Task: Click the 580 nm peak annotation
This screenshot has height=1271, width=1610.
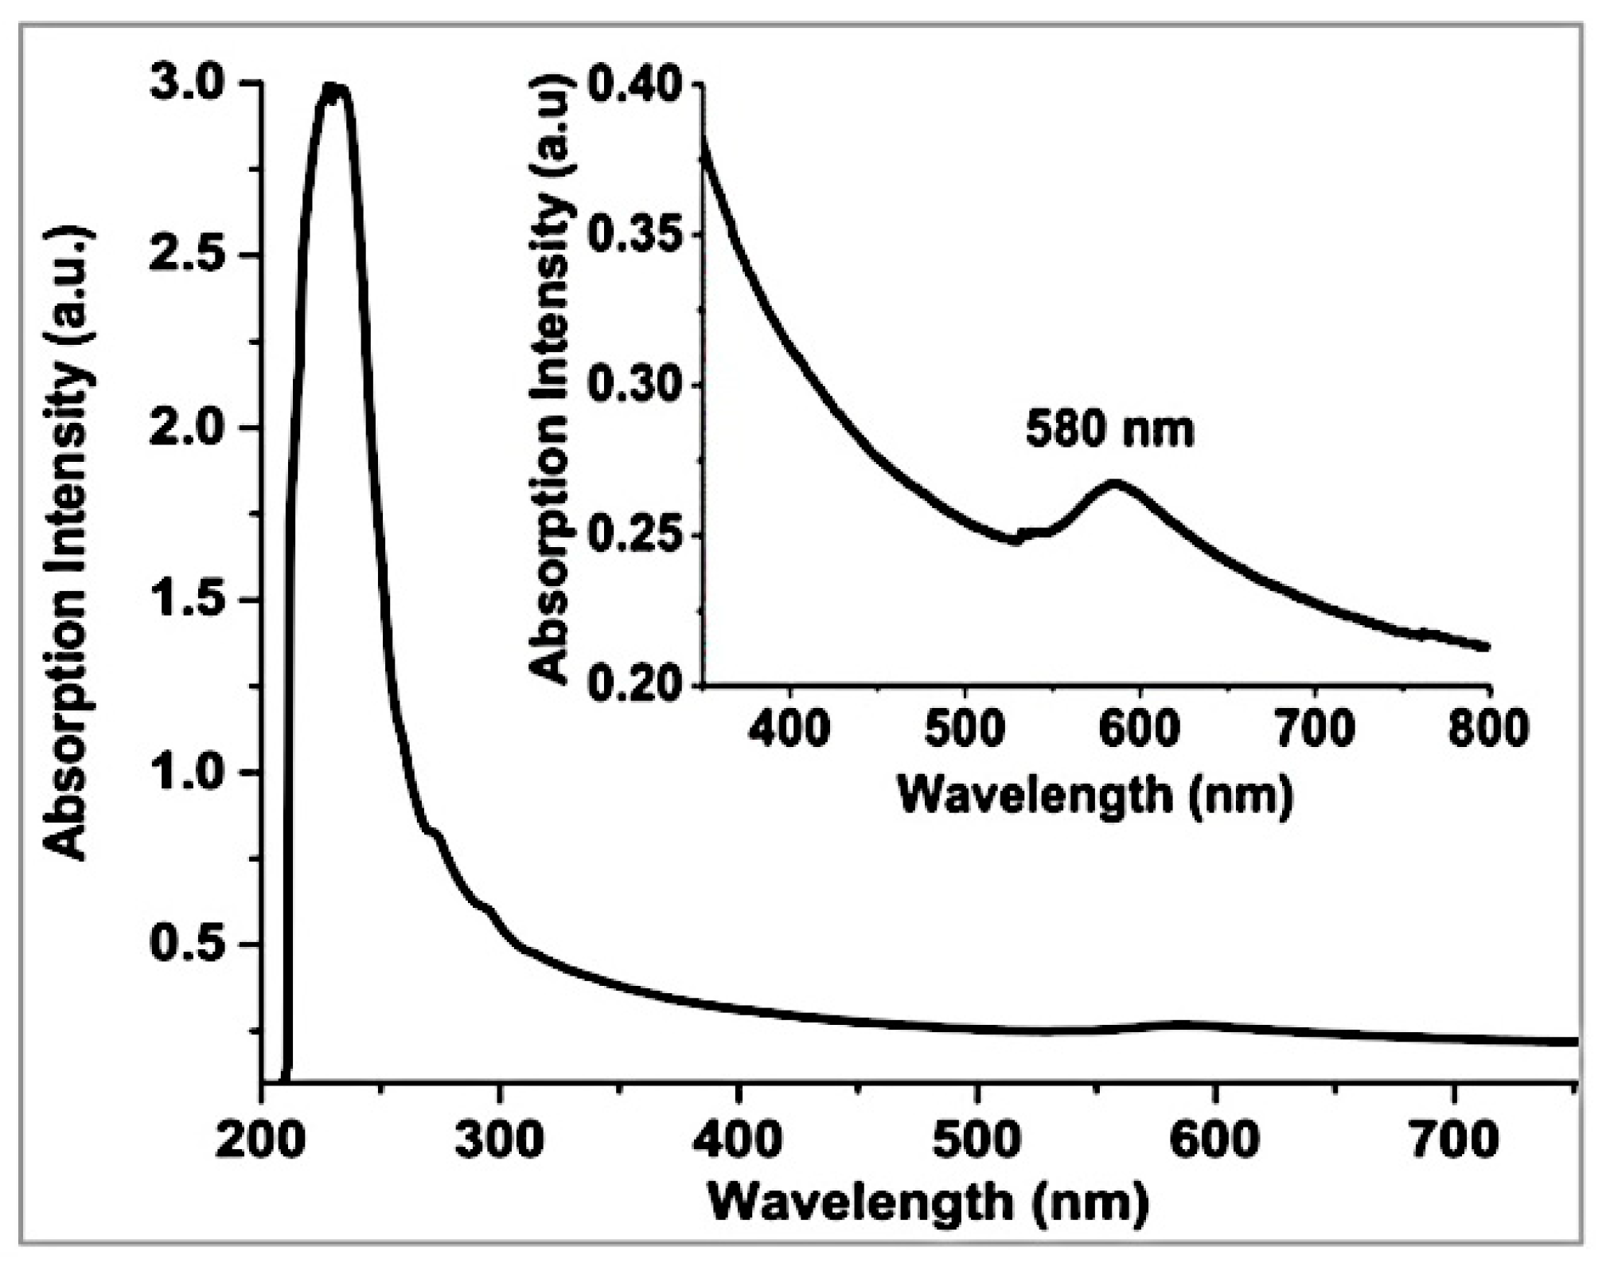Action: coord(1109,430)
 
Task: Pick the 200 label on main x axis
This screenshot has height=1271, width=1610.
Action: coord(260,1140)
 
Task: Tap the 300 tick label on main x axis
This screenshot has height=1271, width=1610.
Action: coord(499,1140)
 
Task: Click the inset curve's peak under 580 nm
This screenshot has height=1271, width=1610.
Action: coord(1114,483)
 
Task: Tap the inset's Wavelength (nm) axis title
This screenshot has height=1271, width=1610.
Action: coord(1095,795)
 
